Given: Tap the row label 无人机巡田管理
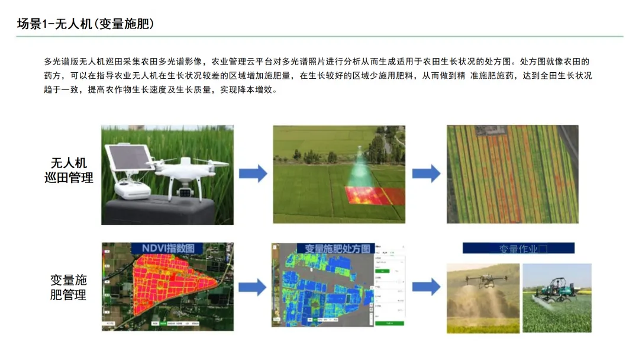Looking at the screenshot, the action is click(69, 171).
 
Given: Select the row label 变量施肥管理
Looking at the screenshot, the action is click(69, 287).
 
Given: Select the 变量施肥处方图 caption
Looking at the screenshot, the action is click(337, 249).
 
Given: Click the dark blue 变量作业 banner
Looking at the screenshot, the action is click(518, 249).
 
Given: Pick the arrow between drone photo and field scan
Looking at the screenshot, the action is click(253, 173).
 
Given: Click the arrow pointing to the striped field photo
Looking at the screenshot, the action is click(426, 173).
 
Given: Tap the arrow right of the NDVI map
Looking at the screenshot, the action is click(253, 287).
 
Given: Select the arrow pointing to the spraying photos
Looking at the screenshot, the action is click(426, 287).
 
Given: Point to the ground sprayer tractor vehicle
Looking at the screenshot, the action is click(555, 290).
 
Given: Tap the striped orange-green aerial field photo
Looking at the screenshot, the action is click(512, 174).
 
